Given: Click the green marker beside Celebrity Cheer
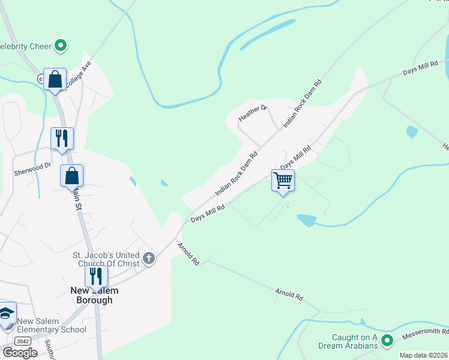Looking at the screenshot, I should [x=60, y=45].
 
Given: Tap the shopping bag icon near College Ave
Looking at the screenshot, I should [x=55, y=79].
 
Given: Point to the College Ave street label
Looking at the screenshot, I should [x=77, y=75].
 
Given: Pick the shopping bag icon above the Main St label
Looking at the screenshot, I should [x=71, y=176].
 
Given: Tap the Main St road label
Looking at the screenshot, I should [x=77, y=198].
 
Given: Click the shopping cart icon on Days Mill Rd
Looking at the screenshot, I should [x=283, y=179].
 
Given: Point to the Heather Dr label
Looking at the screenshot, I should [x=253, y=113].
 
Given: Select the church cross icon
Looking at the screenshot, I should [x=149, y=259].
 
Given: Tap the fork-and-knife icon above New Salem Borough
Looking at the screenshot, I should [x=95, y=277].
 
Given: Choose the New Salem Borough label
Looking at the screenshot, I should [x=94, y=295].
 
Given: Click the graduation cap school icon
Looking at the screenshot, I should [x=7, y=313].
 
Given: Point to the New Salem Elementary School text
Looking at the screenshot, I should [x=52, y=325].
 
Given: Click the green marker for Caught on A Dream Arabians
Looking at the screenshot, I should [x=387, y=340].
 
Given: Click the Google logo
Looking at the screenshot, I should [x=20, y=352].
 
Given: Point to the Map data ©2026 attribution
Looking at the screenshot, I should [x=423, y=355].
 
